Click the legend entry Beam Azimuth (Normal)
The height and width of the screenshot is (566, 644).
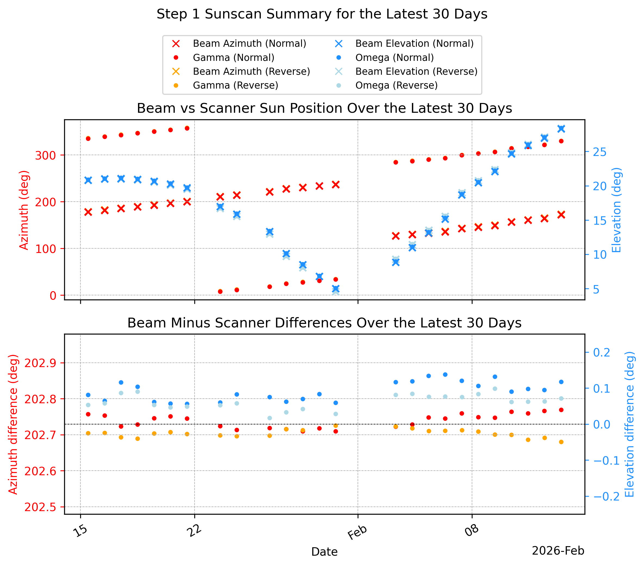(239, 43)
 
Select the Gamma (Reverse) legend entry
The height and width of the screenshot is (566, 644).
(226, 85)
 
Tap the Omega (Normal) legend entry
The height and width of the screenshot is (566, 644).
(385, 58)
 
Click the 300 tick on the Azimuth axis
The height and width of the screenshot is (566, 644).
(45, 155)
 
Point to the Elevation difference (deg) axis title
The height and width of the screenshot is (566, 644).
(629, 424)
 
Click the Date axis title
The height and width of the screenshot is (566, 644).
(324, 552)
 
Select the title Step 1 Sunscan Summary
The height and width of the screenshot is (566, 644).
(322, 14)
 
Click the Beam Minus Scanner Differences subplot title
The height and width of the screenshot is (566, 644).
(324, 323)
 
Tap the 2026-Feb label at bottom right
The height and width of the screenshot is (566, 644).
(558, 551)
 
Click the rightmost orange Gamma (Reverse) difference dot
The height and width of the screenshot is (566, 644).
(561, 442)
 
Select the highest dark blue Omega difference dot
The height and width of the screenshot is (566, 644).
(445, 375)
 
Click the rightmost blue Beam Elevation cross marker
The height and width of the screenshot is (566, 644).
(561, 129)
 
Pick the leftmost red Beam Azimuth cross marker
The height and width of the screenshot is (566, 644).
(88, 212)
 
